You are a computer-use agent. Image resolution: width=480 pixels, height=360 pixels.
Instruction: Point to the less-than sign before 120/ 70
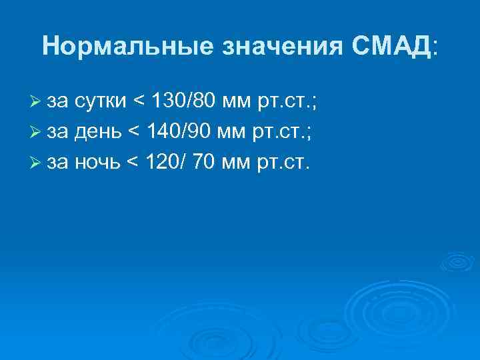(x=132, y=163)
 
